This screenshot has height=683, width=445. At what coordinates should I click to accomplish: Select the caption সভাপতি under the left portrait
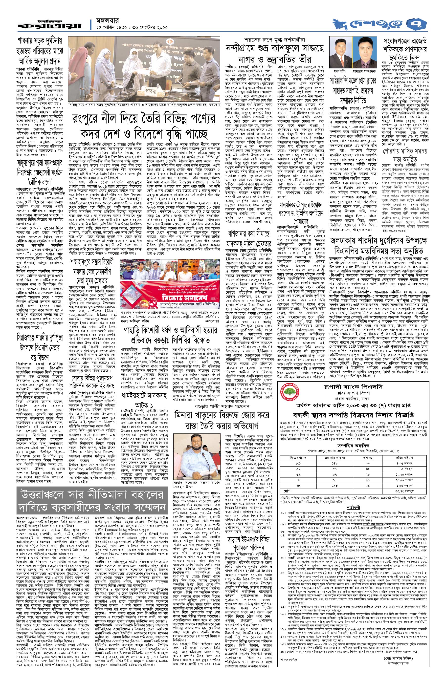(x=340, y=70)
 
